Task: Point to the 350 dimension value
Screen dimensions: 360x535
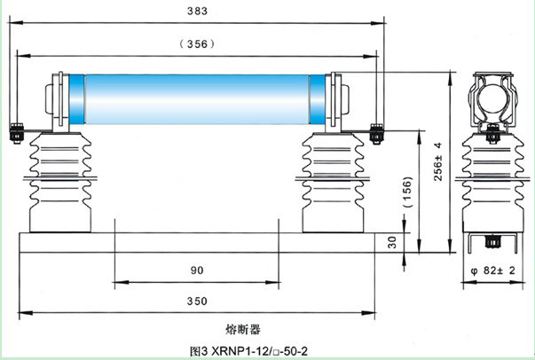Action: click(x=196, y=301)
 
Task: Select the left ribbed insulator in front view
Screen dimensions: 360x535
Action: click(x=59, y=183)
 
